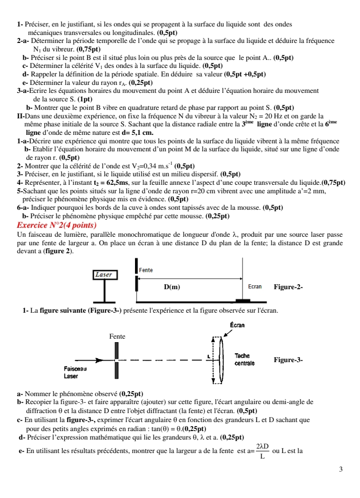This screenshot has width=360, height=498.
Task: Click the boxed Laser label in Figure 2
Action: (x=104, y=274)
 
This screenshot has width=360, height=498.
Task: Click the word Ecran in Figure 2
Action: (x=255, y=287)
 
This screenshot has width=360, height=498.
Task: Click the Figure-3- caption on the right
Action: (x=288, y=360)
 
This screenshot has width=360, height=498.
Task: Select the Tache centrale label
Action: (x=244, y=360)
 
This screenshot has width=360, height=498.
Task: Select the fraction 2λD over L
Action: (x=262, y=451)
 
